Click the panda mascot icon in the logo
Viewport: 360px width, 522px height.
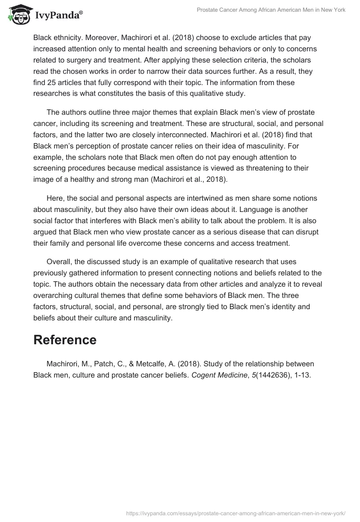(x=18, y=15)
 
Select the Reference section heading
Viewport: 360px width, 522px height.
(x=65, y=340)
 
